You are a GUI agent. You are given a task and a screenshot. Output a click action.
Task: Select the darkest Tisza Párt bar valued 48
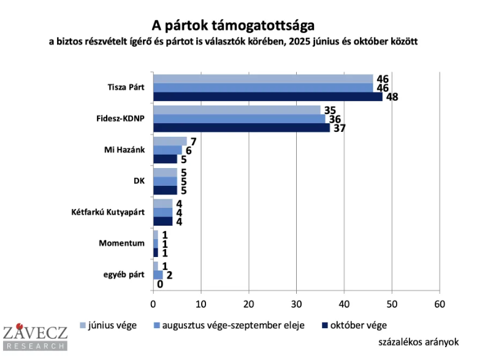coord(267,96)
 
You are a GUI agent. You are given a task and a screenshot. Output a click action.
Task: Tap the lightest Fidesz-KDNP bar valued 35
coord(237,110)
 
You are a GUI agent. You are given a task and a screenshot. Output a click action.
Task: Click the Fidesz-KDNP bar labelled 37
coord(241,128)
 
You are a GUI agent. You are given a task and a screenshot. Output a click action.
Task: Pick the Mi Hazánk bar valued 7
coord(170,141)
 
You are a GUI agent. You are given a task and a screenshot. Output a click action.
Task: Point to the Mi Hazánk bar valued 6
coord(167,150)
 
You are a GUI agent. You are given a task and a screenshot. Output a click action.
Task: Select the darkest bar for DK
coord(165,190)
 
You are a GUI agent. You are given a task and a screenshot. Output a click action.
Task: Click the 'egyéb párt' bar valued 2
coord(158,275)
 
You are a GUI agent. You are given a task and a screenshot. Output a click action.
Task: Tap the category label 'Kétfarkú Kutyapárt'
coord(108,212)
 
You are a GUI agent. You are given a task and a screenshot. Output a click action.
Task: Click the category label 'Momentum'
coord(121,243)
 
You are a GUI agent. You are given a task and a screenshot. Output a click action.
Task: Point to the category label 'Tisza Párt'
coord(125,87)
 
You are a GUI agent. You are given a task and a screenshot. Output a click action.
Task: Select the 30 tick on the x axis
coord(296,303)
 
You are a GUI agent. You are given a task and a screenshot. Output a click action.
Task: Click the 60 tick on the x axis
coord(439,303)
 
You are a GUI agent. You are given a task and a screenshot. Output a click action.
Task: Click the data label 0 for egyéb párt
coord(159,284)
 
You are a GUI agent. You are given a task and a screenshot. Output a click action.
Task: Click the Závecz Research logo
coord(34,338)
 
